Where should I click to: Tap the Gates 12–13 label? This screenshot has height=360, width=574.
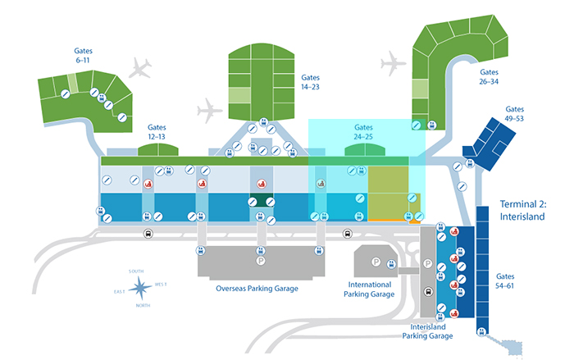pyautogui.click(x=157, y=133)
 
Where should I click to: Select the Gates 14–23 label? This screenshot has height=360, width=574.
pyautogui.click(x=310, y=80)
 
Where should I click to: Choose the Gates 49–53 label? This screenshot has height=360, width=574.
pyautogui.click(x=515, y=115)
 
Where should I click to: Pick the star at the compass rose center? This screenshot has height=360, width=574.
pyautogui.click(x=140, y=287)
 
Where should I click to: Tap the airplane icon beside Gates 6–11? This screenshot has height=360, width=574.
pyautogui.click(x=141, y=66)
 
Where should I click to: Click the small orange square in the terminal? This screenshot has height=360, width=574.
pyautogui.click(x=415, y=219)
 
